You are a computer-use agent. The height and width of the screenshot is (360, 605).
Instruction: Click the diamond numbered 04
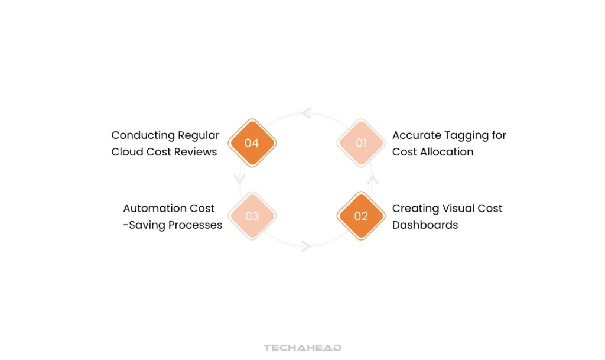252,143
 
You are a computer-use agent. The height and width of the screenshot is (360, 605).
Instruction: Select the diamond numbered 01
361,143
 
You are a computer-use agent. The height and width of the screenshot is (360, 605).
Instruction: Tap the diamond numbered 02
361,216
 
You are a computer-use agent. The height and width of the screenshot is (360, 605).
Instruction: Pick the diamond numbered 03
252,216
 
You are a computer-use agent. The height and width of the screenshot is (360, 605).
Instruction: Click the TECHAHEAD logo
302,348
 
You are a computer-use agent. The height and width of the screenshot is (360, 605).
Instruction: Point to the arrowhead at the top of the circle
306,113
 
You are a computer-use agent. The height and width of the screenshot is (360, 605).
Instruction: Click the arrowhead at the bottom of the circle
306,246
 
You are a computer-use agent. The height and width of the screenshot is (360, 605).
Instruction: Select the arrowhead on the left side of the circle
240,179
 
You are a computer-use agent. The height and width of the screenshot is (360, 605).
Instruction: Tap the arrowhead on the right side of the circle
373,180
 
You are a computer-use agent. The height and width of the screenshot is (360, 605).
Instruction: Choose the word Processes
195,225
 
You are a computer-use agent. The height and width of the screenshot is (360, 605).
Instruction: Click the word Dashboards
425,225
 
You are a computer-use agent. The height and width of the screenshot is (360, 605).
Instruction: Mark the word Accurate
417,135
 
